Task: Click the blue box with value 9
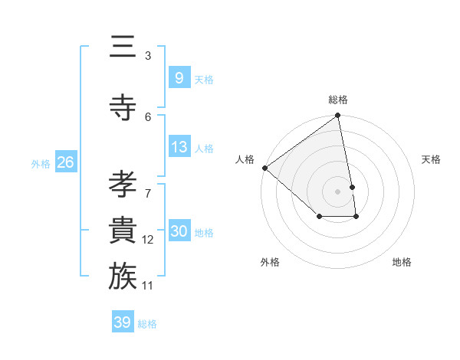click(x=179, y=78)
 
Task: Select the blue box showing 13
click(x=179, y=147)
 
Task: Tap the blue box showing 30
click(x=179, y=232)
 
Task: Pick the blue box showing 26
click(x=65, y=162)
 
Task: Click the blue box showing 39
click(x=122, y=322)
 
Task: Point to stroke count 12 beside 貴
click(x=148, y=240)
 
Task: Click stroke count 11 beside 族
click(x=148, y=286)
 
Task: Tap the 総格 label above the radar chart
click(x=338, y=100)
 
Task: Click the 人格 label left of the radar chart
click(x=245, y=159)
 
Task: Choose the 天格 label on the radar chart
click(x=431, y=159)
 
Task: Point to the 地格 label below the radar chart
click(x=402, y=262)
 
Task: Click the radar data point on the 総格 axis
click(x=337, y=116)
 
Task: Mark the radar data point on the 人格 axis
click(x=264, y=168)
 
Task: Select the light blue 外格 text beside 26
click(x=41, y=163)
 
